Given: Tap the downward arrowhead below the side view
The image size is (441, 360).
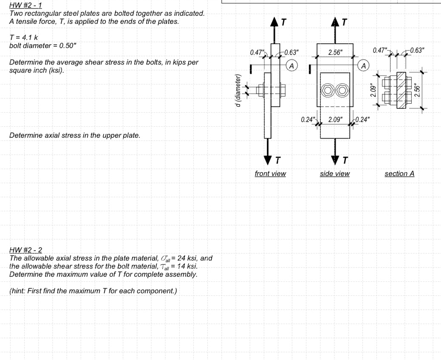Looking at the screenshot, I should tap(335, 161).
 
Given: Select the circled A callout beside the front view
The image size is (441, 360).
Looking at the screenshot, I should tap(291, 65).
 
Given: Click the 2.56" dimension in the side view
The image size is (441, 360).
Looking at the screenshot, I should tap(335, 52).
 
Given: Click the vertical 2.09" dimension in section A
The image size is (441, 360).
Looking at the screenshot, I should tap(373, 91).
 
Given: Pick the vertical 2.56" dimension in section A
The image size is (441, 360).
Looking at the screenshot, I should tap(417, 91).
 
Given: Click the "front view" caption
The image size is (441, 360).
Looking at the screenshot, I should tap(270, 173).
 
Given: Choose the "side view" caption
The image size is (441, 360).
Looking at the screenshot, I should tap(335, 173).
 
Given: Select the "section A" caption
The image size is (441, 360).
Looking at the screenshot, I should tap(399, 173).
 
